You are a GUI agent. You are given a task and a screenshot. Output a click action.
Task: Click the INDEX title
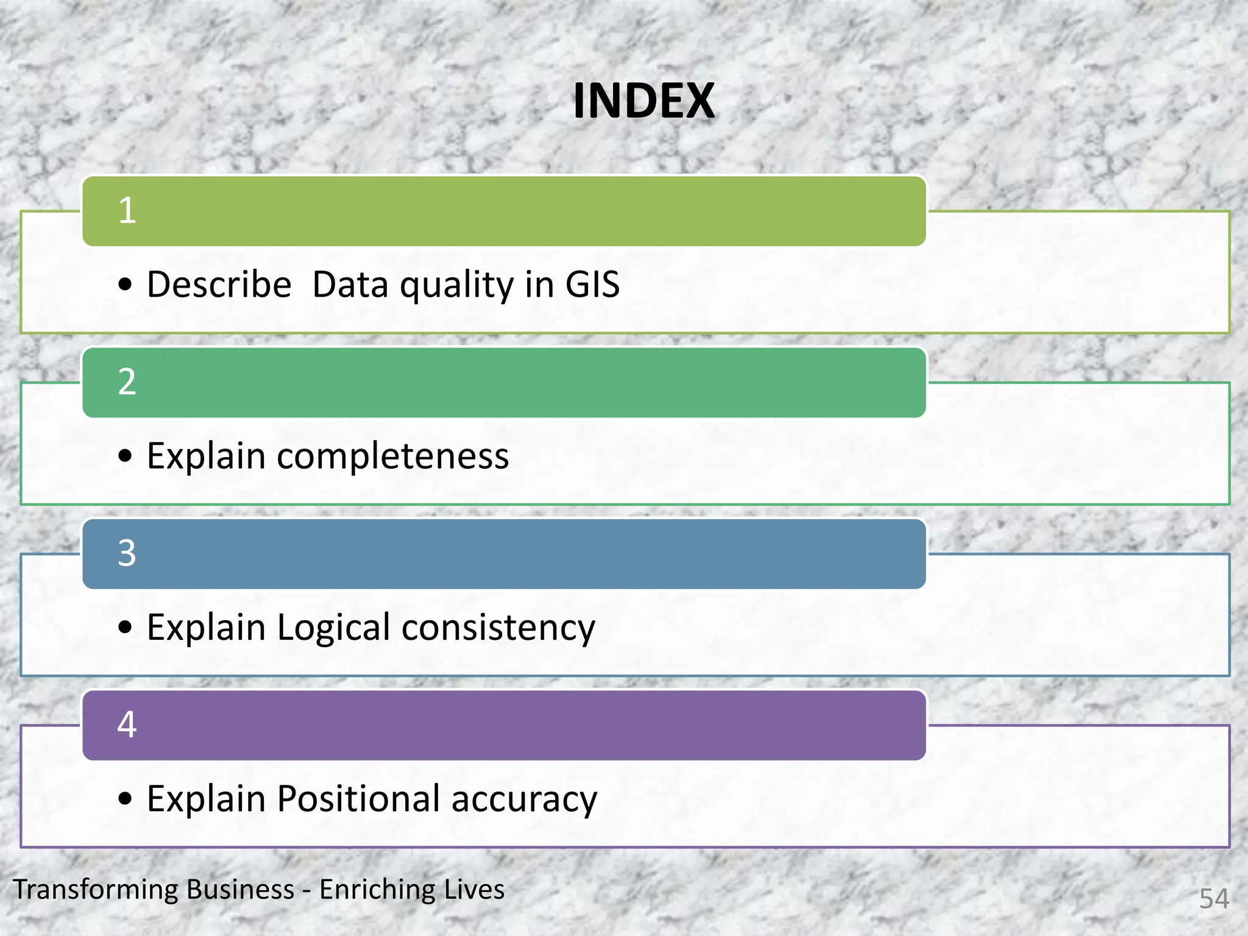point(643,101)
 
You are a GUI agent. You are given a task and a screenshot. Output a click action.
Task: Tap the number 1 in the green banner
point(127,211)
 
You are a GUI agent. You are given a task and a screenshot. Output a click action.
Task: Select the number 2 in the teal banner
point(127,382)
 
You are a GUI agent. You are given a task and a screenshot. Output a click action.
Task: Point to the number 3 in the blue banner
point(127,553)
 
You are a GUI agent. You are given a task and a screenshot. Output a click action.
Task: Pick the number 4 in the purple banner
point(127,725)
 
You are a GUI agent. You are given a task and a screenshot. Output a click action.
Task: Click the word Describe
point(219,285)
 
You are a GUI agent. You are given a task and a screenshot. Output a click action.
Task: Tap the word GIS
point(592,285)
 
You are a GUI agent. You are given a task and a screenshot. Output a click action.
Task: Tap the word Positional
point(358,799)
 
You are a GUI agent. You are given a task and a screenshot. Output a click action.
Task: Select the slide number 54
point(1214,899)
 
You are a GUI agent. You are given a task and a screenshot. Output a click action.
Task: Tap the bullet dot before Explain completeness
point(125,456)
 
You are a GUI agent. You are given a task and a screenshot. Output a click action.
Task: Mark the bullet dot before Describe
point(125,285)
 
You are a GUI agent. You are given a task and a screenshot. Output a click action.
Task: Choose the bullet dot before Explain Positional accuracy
point(125,798)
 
